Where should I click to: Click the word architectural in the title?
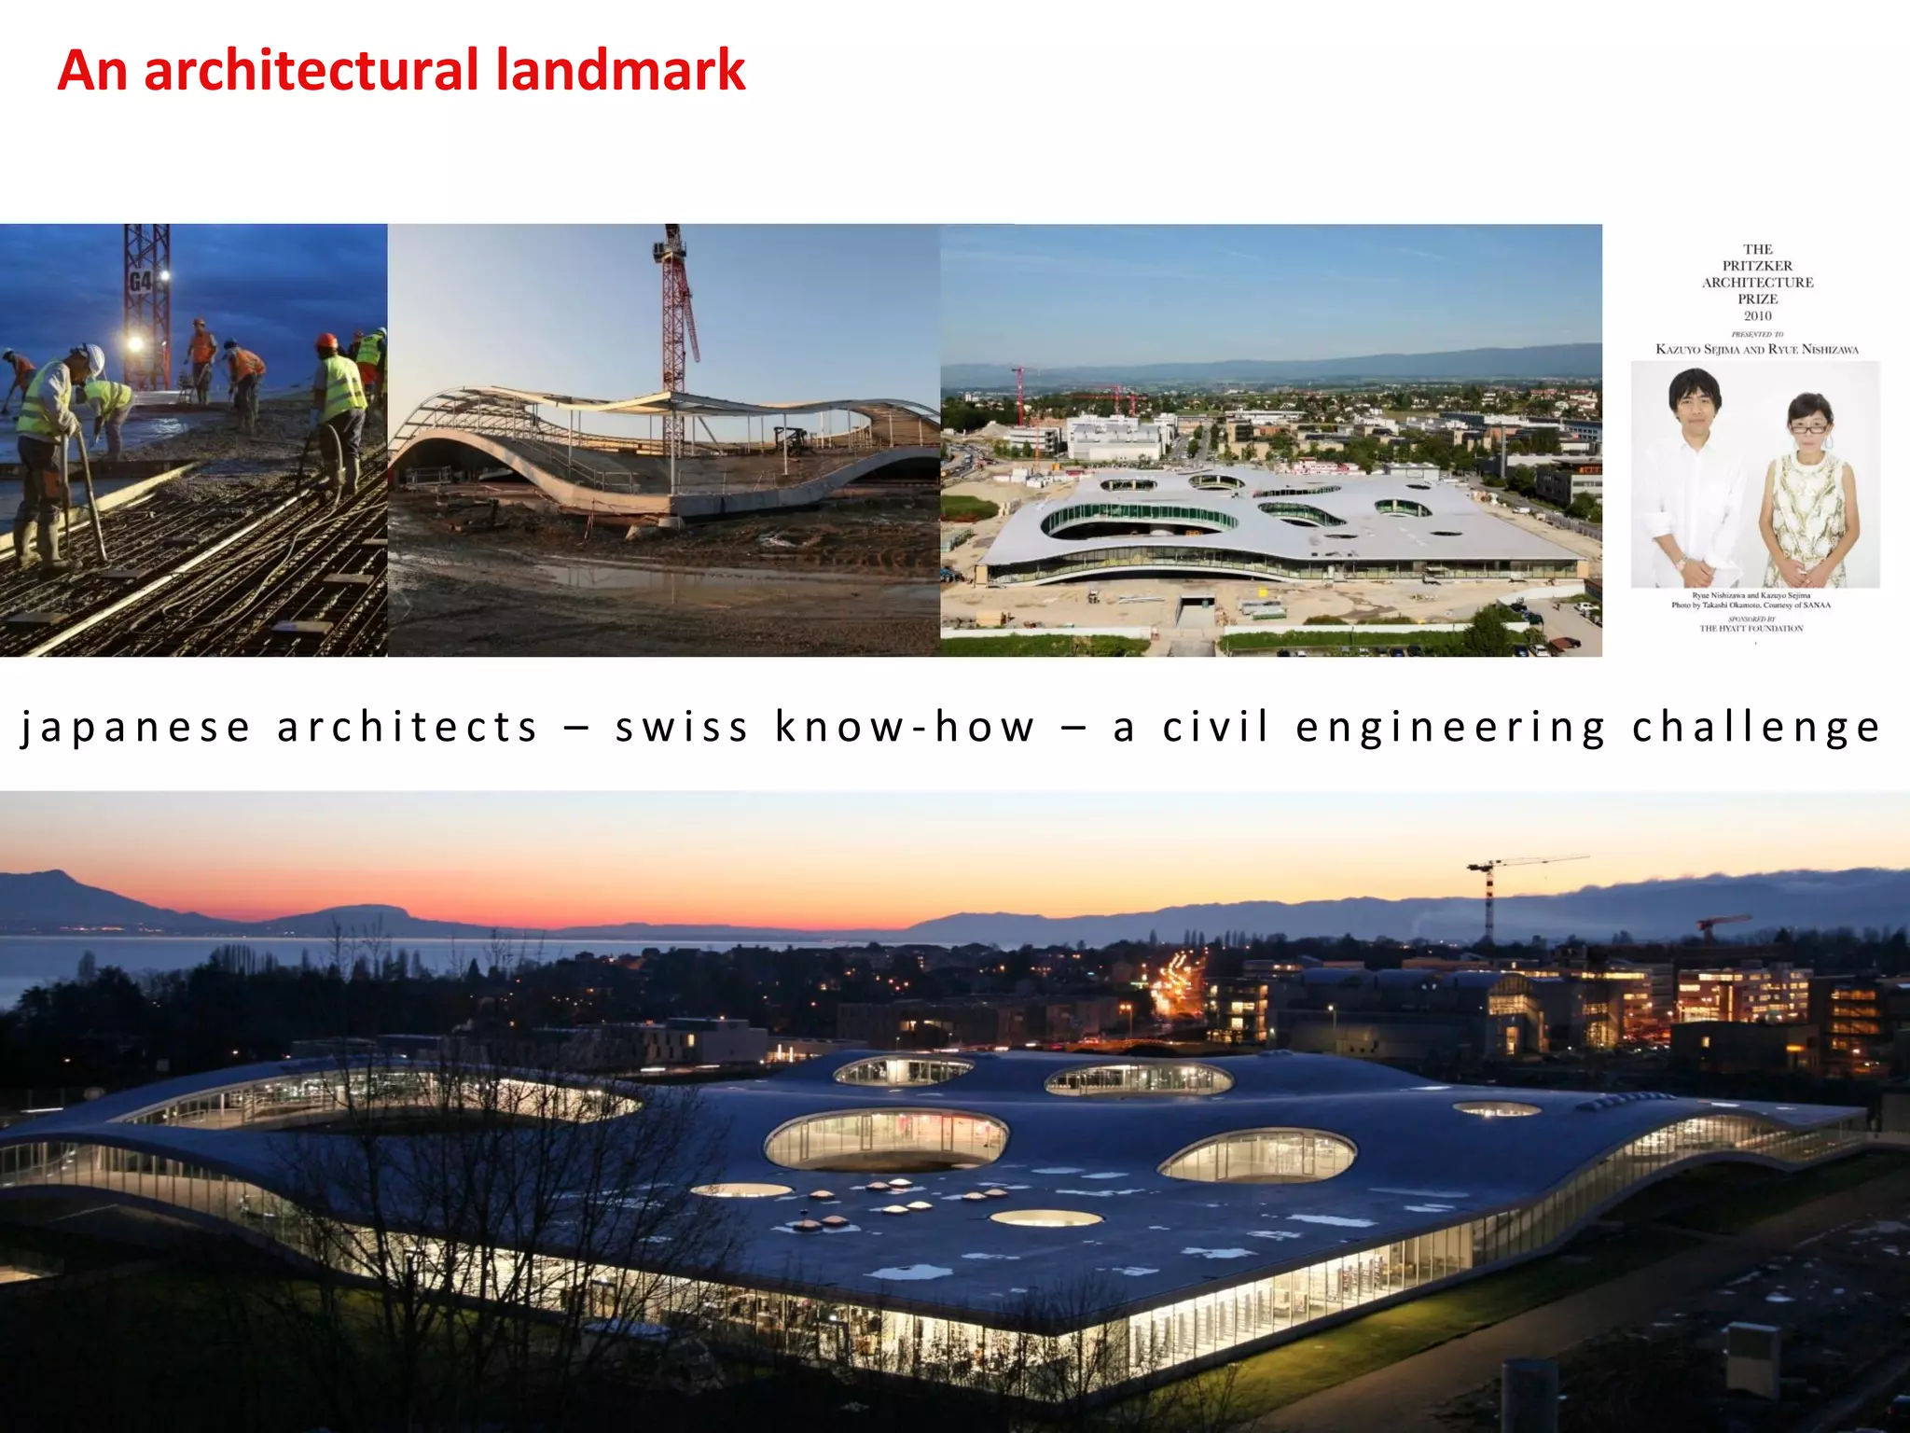(314, 71)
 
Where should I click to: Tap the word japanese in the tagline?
(136, 728)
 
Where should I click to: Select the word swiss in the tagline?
(682, 728)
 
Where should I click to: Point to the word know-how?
(905, 728)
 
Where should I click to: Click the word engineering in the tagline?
(1450, 728)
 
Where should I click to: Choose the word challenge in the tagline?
(1755, 728)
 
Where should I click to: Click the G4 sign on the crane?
(141, 281)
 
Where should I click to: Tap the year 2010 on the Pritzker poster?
(1757, 316)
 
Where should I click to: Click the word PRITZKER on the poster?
(1757, 266)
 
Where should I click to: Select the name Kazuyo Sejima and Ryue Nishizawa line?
(1757, 350)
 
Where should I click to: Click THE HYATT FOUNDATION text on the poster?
(1751, 629)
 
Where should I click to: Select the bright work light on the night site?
(135, 344)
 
